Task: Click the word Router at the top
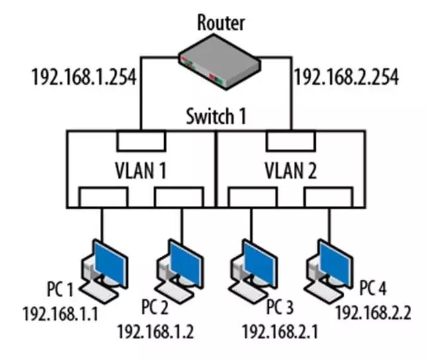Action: [x=221, y=22]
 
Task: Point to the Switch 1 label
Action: [x=216, y=117]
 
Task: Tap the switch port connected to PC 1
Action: [x=103, y=197]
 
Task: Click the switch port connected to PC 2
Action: [x=178, y=197]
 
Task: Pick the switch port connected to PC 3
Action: [x=252, y=197]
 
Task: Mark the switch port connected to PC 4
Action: [x=328, y=197]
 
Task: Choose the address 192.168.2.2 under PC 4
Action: [x=373, y=312]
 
